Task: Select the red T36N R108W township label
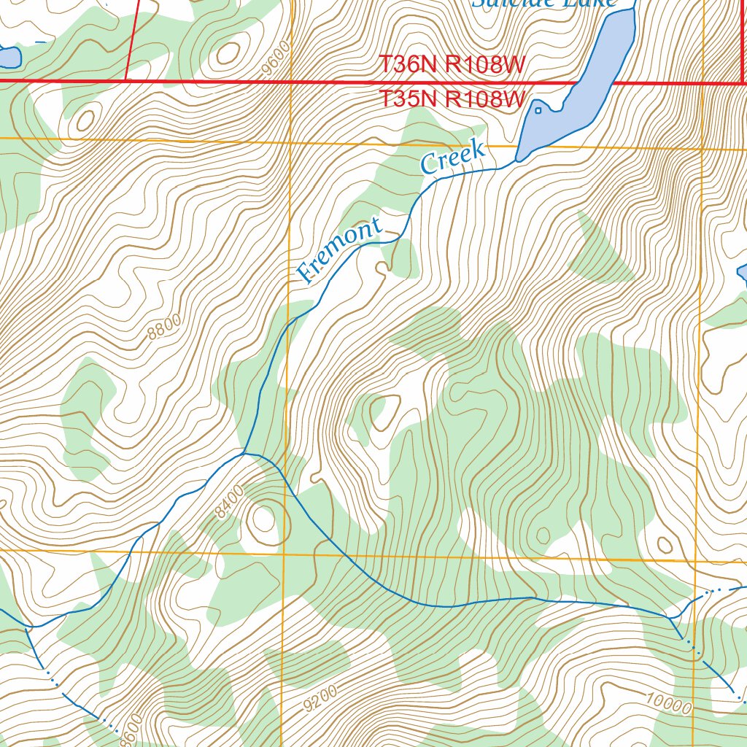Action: tap(452, 65)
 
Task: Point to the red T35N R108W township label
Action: tap(452, 98)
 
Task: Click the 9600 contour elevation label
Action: tap(278, 58)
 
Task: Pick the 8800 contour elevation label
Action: tap(163, 328)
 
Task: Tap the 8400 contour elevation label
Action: tap(230, 503)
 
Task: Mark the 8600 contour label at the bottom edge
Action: tap(128, 729)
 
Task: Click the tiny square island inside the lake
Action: tap(538, 110)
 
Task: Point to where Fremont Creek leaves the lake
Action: tap(517, 160)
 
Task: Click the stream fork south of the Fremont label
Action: tap(244, 453)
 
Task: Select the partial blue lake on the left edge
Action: tap(9, 56)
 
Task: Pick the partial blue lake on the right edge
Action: tap(742, 273)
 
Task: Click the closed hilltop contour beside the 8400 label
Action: tap(261, 519)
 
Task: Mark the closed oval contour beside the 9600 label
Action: tap(228, 53)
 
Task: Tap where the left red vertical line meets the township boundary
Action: tap(126, 80)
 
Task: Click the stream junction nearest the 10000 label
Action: tap(670, 617)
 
